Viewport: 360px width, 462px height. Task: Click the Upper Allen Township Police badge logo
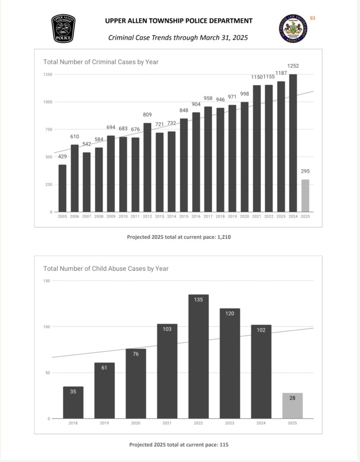coord(63,29)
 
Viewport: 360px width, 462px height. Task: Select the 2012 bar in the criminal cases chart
coord(148,167)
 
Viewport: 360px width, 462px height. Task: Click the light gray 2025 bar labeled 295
coord(305,195)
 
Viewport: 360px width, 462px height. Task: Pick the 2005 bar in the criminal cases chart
coord(62,188)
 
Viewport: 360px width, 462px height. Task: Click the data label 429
coord(62,157)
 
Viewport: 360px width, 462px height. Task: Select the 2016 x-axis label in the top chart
coord(196,217)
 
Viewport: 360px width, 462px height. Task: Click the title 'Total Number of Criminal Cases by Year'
coord(101,62)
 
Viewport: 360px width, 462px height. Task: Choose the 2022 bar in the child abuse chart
coord(198,356)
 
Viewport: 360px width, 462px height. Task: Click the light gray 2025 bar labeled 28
coord(292,406)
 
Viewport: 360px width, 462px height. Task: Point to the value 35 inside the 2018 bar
coord(73,392)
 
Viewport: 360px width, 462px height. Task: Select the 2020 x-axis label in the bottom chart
coord(136,424)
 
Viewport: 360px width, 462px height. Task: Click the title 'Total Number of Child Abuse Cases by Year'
coord(106,268)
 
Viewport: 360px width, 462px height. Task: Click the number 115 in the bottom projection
coord(224,444)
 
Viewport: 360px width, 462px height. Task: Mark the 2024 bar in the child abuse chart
coord(261,371)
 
